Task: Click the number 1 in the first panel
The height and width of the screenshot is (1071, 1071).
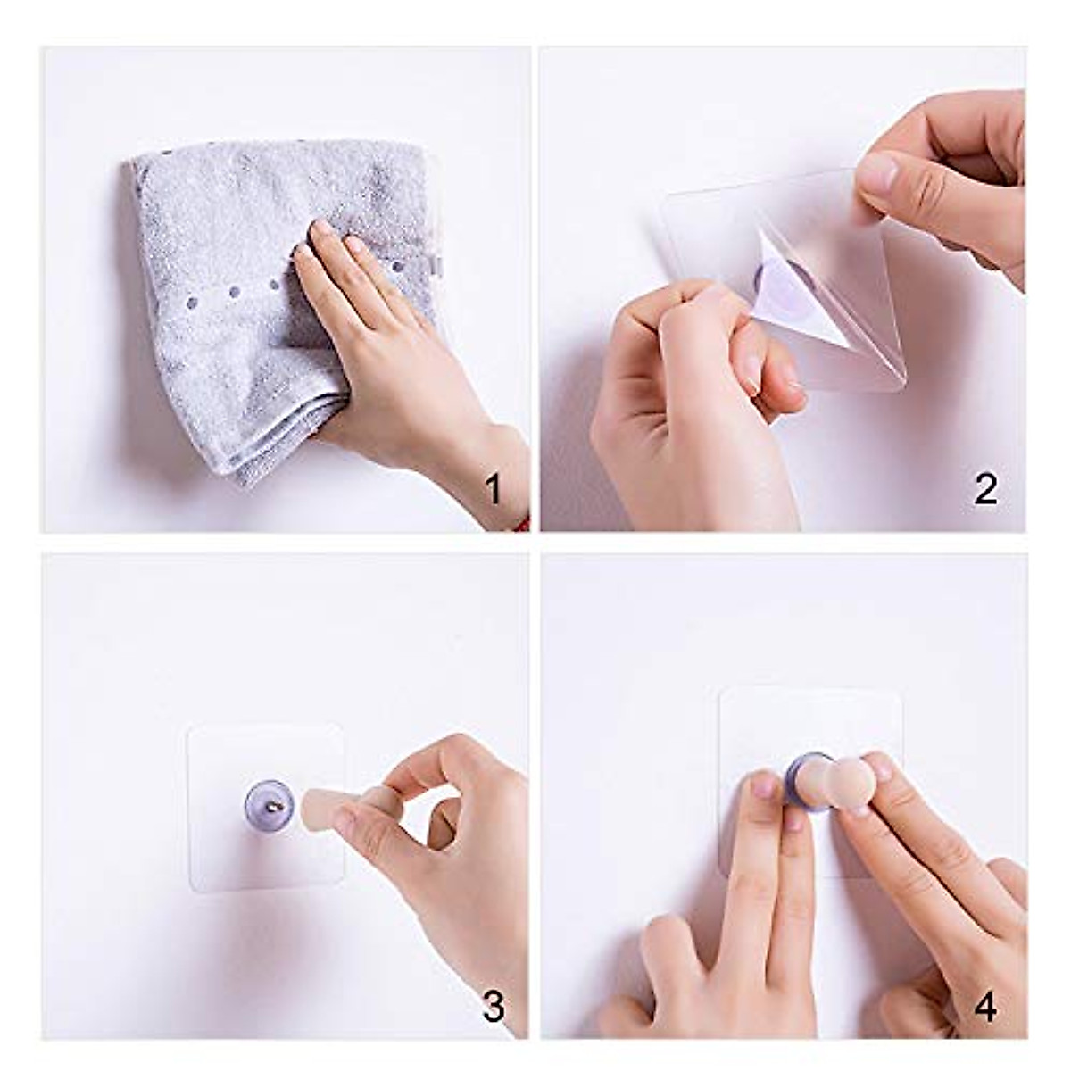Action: [x=492, y=489]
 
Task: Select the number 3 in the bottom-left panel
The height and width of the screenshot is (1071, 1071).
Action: [x=492, y=1008]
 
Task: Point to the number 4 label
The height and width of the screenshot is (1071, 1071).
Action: [x=984, y=1008]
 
